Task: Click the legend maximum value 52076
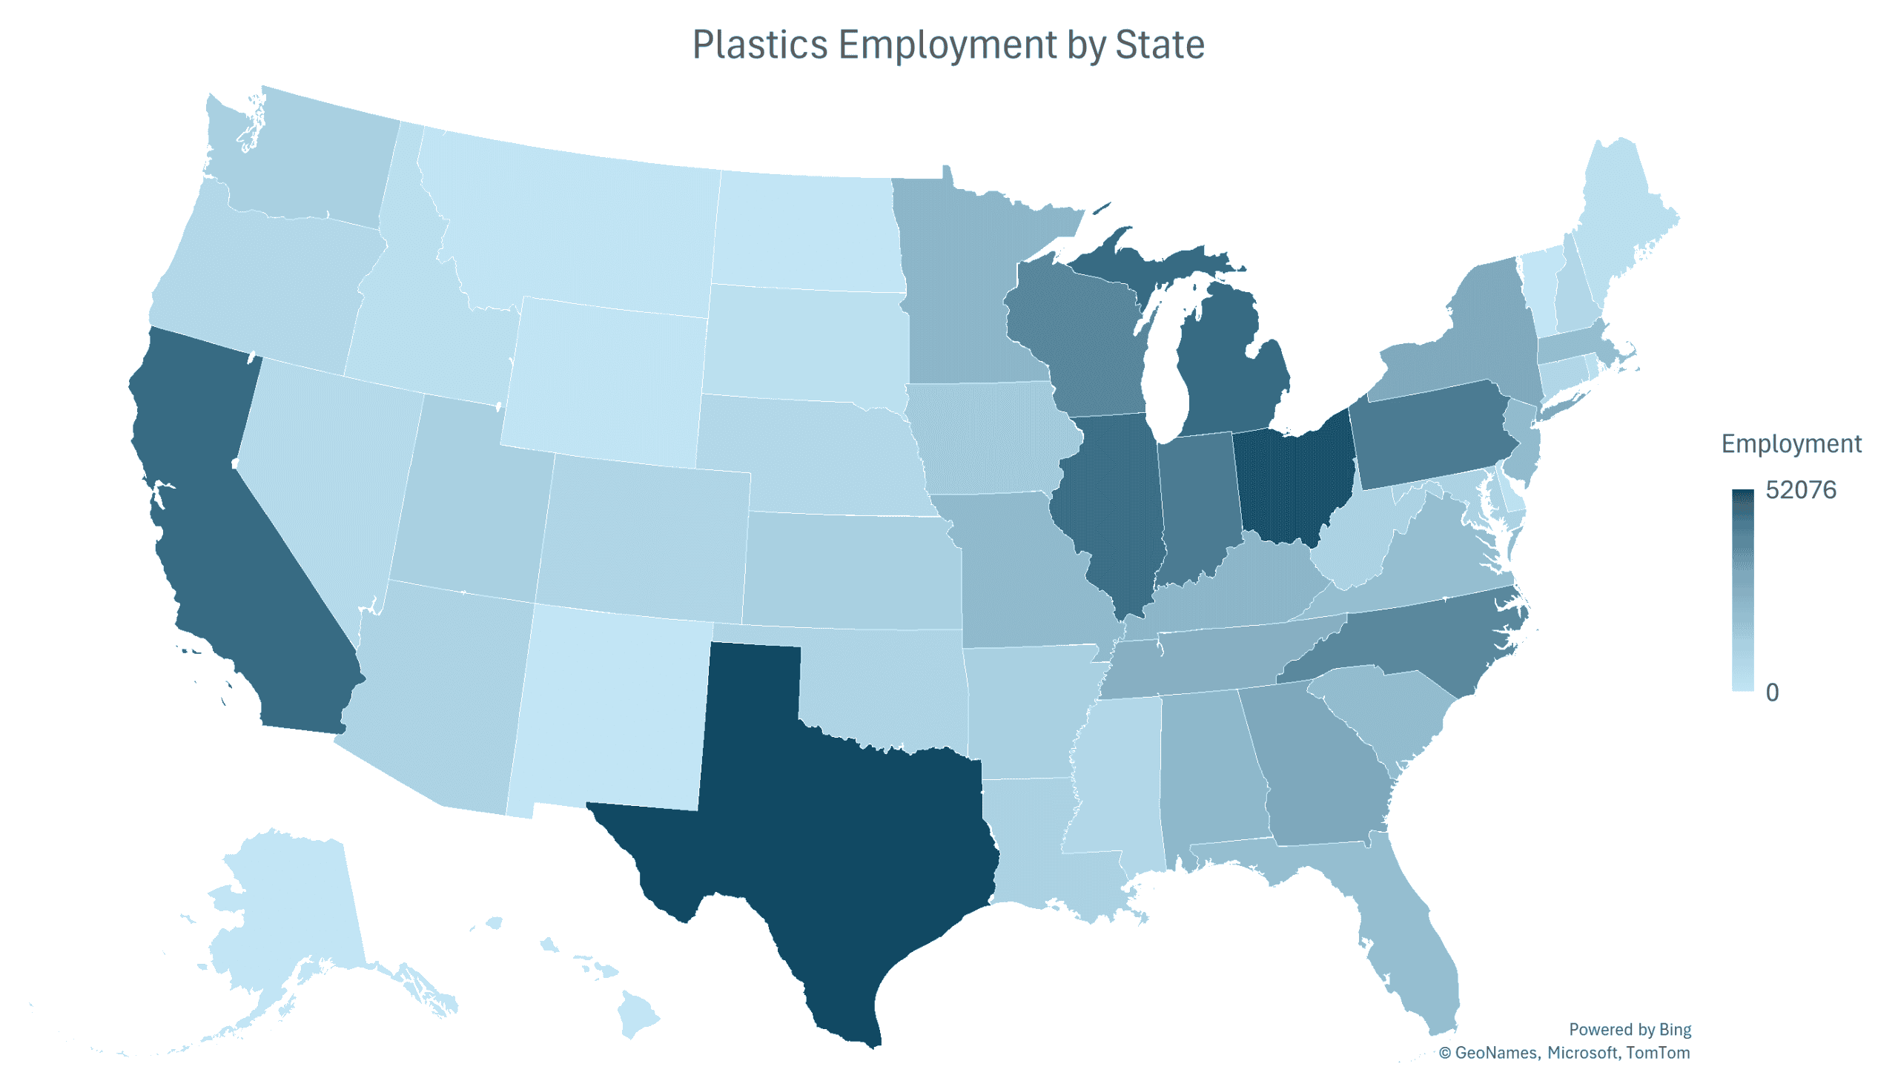pyautogui.click(x=1800, y=490)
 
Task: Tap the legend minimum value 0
pyautogui.click(x=1771, y=692)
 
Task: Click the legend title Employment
pyautogui.click(x=1790, y=443)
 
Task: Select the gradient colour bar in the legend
pyautogui.click(x=1742, y=590)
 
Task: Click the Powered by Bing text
pyautogui.click(x=1629, y=1029)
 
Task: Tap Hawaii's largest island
pyautogui.click(x=638, y=1014)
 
